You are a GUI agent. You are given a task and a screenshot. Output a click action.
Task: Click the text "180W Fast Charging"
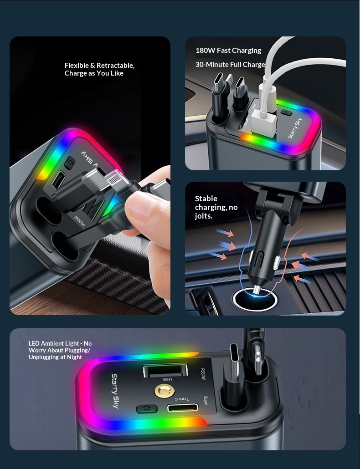(x=228, y=51)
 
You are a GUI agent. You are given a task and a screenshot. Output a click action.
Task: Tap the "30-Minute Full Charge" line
(x=230, y=65)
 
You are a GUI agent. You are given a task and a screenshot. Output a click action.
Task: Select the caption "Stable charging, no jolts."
(x=216, y=207)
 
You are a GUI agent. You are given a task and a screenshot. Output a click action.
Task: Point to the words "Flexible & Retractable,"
(x=99, y=66)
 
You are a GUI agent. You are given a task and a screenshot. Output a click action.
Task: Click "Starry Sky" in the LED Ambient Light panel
(x=115, y=391)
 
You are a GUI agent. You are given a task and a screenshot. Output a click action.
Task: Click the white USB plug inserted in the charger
(x=264, y=122)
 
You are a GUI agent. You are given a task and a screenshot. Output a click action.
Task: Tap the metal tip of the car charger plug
(x=257, y=290)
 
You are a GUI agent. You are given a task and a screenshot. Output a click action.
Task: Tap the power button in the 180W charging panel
(x=286, y=112)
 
